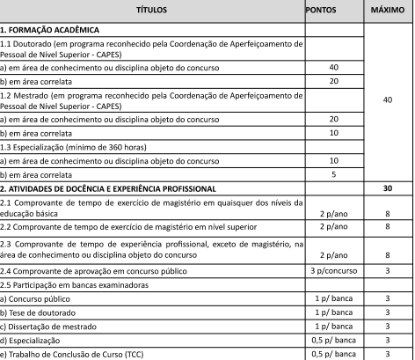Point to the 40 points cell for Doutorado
pos(333,67)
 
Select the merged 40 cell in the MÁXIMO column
pos(387,100)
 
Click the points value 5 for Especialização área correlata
pos(333,174)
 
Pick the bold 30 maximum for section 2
pos(387,189)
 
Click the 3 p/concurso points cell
pos(333,271)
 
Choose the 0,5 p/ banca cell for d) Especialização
pos(333,341)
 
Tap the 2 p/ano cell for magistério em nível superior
pos(333,227)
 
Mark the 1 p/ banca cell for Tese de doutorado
pos(333,313)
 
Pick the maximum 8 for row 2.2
pos(387,227)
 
